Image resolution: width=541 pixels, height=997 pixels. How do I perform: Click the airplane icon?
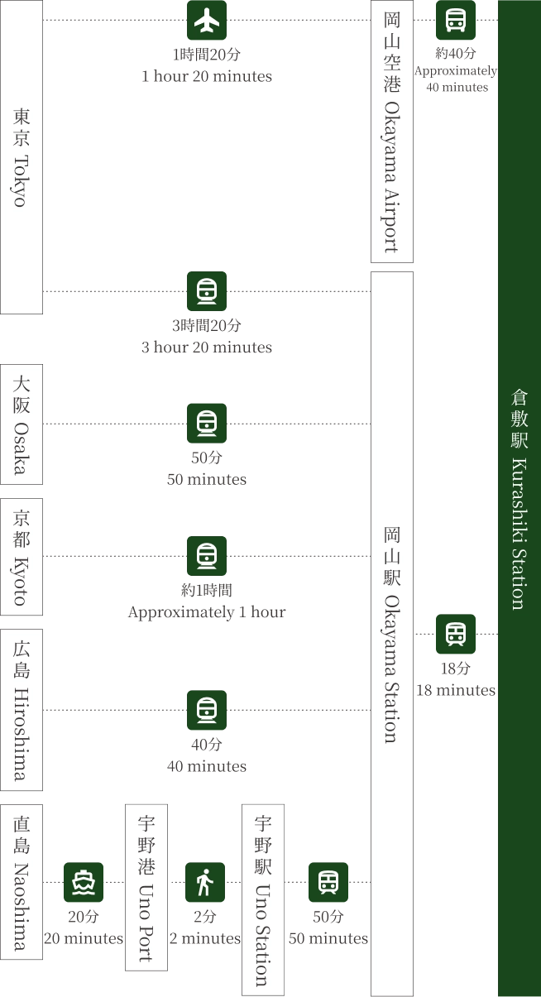tap(207, 22)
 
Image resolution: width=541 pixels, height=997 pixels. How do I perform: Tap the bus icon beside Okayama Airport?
tap(455, 21)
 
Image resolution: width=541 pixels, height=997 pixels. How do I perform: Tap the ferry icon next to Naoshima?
tap(83, 883)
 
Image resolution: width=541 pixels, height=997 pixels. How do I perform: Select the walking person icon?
tap(204, 883)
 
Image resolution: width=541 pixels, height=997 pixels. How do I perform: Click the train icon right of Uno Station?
tap(328, 883)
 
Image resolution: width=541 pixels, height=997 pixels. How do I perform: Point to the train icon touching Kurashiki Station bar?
tap(455, 633)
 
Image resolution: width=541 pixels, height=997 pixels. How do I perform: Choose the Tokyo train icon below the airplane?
tap(208, 290)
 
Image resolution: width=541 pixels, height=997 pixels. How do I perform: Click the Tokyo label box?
tap(22, 157)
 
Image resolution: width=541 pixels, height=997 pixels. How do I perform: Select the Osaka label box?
tap(22, 424)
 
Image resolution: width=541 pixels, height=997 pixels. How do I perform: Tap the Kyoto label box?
tap(22, 557)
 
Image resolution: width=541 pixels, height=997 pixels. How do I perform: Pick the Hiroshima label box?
tap(22, 711)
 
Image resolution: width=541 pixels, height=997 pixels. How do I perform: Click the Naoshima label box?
tap(22, 882)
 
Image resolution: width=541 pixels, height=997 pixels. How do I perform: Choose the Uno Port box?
tap(146, 887)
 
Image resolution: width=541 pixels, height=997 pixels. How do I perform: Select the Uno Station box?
tap(262, 899)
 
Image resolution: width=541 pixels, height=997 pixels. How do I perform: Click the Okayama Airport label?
tap(392, 132)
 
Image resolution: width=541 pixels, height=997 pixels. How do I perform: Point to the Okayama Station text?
tap(392, 634)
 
